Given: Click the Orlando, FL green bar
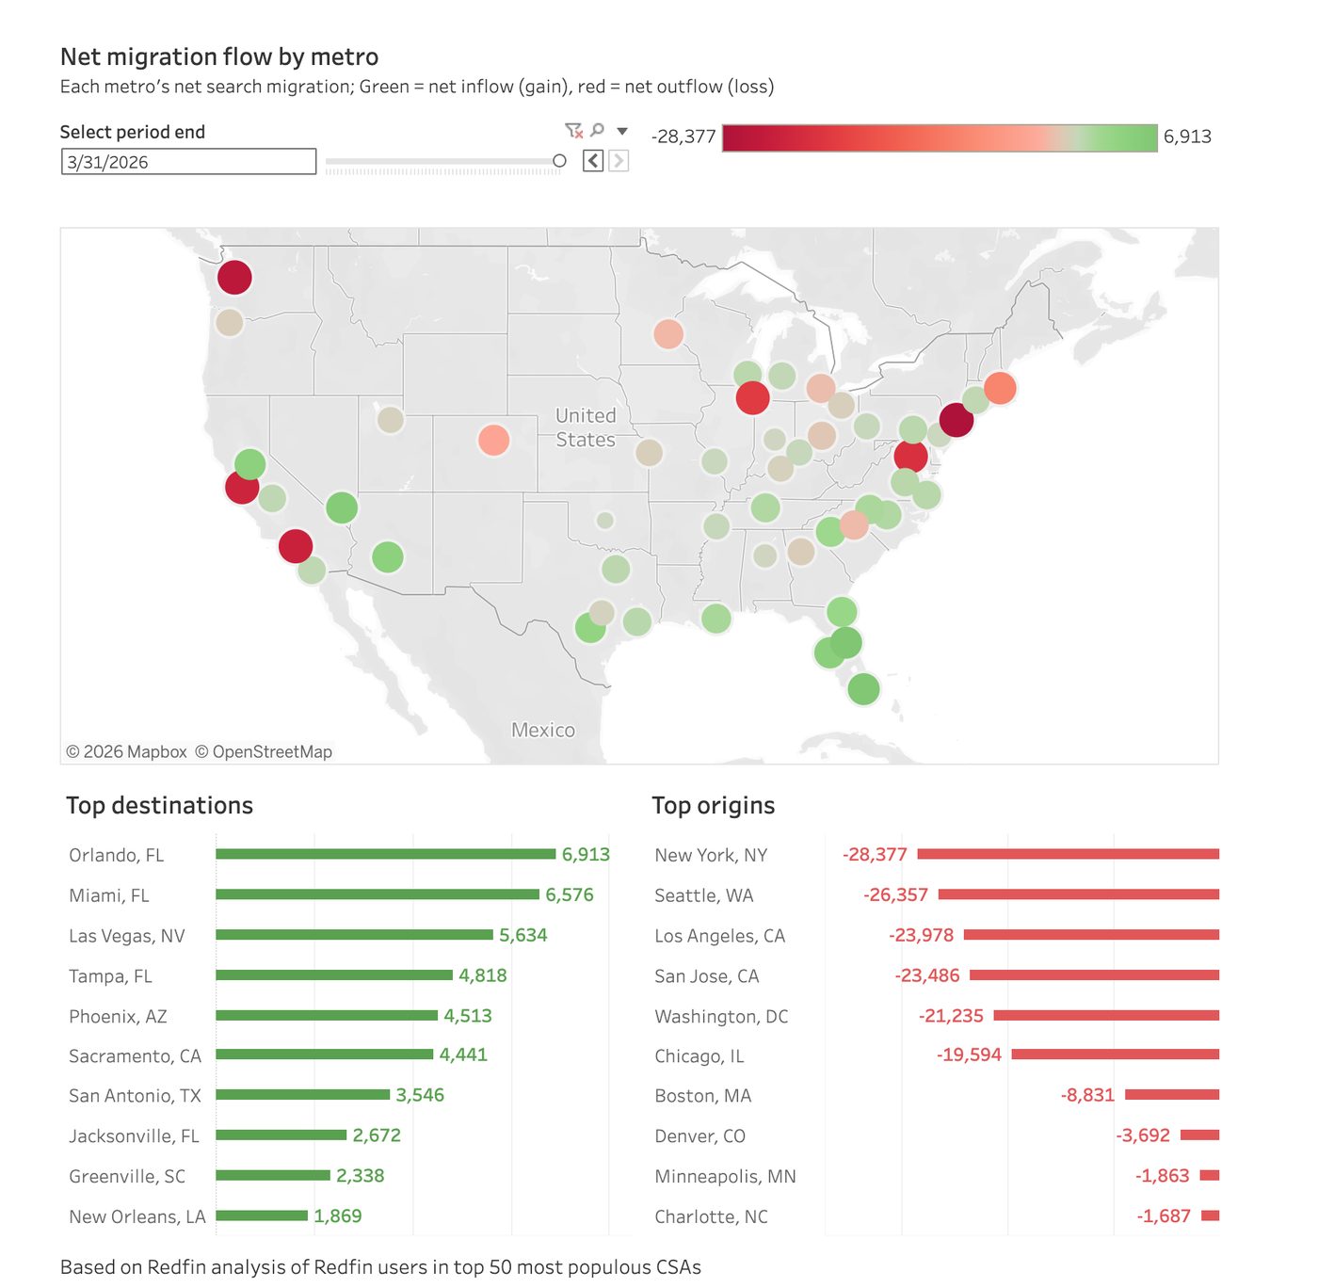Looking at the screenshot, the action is pos(385,854).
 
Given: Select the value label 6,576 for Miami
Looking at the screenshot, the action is pos(569,894).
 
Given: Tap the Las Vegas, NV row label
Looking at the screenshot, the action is pos(127,935).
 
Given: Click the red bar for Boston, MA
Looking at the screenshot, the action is pos(1172,1094).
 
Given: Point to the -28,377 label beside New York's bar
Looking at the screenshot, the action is pos(875,854).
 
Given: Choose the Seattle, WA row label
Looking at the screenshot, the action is pos(703,895).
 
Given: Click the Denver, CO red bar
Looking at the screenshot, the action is pos(1199,1135).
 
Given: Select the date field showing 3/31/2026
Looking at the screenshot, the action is pos(188,162).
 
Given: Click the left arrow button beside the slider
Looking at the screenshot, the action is pos(592,161).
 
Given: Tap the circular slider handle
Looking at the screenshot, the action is pos(559,160).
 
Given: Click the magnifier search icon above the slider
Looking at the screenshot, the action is pos(597,129).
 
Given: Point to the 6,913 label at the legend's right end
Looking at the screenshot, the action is pos(1187,137).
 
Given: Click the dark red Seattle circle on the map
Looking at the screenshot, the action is pos(234,277).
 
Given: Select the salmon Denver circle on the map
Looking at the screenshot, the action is pos(493,441).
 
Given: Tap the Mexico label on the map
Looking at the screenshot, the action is pos(542,730).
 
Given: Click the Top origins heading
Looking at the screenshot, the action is pos(714,805).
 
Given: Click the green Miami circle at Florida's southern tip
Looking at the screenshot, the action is pos(863,689).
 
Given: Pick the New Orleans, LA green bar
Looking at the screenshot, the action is pos(262,1216).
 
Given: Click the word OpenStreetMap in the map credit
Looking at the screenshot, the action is pos(272,751).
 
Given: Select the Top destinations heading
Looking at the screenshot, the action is pos(160,805).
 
